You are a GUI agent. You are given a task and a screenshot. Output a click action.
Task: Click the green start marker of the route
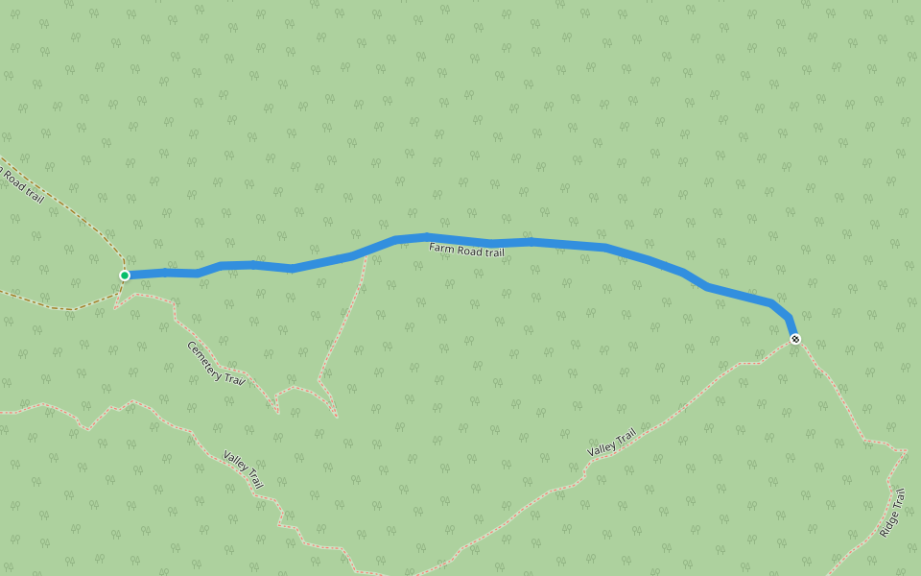pyautogui.click(x=125, y=276)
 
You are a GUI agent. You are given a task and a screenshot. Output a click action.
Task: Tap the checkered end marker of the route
pyautogui.click(x=795, y=338)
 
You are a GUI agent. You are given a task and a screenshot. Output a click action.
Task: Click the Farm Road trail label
pyautogui.click(x=466, y=251)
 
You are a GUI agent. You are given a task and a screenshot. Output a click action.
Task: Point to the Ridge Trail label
pyautogui.click(x=892, y=513)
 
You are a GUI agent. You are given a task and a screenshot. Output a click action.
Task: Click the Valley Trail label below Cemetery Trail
pyautogui.click(x=243, y=468)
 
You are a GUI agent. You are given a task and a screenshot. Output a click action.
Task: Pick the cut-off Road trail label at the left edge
pyautogui.click(x=21, y=184)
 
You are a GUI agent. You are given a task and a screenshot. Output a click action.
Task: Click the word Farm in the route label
pyautogui.click(x=440, y=248)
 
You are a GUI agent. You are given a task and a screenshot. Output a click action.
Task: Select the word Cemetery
pyautogui.click(x=205, y=356)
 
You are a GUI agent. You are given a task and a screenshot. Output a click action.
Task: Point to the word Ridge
pyautogui.click(x=887, y=524)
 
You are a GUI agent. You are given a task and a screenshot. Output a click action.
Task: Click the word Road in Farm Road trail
pyautogui.click(x=468, y=251)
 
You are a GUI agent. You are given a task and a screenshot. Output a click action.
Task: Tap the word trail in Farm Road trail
pyautogui.click(x=493, y=252)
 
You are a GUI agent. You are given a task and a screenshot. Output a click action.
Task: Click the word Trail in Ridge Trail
pyautogui.click(x=899, y=499)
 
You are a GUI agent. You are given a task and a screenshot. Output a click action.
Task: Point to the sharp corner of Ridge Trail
pyautogui.click(x=905, y=450)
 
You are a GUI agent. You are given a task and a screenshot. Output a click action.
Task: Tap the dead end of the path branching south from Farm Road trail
pyautogui.click(x=337, y=417)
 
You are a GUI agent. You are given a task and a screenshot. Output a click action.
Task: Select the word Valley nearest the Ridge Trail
pyautogui.click(x=602, y=448)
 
